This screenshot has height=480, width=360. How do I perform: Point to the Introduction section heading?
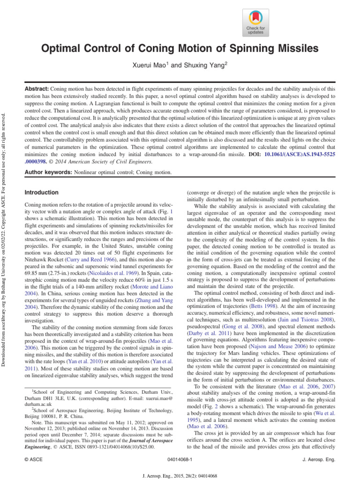click(42, 193)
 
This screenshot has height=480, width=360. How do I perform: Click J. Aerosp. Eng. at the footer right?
click(319, 460)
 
